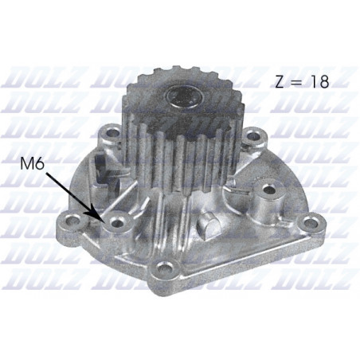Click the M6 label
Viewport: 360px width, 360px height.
pos(32,165)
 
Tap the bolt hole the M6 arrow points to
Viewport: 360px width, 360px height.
pos(118,222)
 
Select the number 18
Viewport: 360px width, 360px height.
pos(319,82)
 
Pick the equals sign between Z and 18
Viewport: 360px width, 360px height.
pos(299,83)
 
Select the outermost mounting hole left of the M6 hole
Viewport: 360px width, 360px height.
pos(73,220)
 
